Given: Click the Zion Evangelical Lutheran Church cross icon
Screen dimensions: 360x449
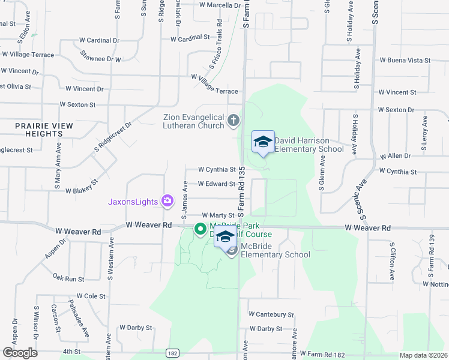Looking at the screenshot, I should coord(233,122).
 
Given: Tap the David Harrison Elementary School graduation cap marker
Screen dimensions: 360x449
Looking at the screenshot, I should coord(263,142).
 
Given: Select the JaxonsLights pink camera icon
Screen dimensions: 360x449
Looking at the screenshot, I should coord(167,200).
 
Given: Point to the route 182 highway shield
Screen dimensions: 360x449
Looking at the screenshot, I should coord(173,354).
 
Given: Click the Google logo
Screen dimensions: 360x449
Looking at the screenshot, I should coord(20,353).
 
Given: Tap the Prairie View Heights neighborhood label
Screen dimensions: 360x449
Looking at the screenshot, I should coord(45,130).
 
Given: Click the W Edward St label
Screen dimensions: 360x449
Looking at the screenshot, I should coord(211,184).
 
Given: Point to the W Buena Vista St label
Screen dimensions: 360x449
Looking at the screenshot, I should coord(405,61).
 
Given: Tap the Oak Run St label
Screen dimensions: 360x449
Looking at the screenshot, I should coord(68,278).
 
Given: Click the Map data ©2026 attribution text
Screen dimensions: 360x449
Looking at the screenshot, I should coord(424,355).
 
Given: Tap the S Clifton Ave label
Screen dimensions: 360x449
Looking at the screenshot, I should coord(392,262).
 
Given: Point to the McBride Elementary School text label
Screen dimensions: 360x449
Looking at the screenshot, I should coord(276,254).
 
